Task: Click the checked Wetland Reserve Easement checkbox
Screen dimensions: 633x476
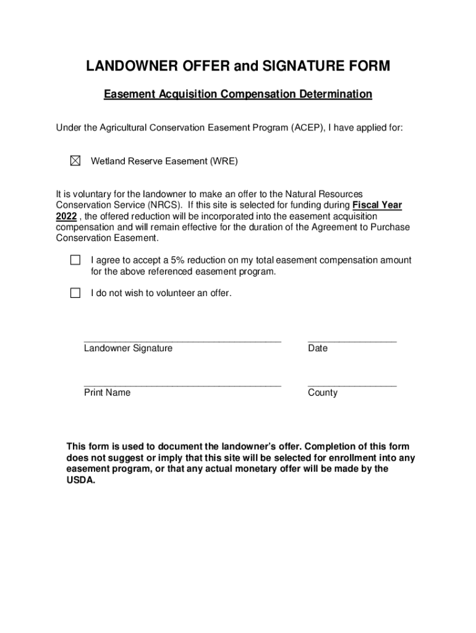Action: click(75, 161)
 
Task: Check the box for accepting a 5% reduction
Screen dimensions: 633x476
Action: click(75, 260)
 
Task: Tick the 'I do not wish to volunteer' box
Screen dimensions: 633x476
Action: click(75, 293)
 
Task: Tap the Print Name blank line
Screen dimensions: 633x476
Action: click(182, 384)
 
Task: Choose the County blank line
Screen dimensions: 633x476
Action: click(352, 384)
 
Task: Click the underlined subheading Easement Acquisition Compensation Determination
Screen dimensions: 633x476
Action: click(238, 95)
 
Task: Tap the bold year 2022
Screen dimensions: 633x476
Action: click(66, 216)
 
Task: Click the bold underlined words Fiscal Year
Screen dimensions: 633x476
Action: click(377, 205)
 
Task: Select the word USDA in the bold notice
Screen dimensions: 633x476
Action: click(81, 480)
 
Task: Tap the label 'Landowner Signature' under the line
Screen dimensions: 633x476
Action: click(128, 349)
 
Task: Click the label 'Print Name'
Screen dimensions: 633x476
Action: click(107, 393)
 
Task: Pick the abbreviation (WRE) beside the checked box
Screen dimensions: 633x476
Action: click(223, 161)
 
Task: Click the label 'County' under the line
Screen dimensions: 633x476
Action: click(323, 393)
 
